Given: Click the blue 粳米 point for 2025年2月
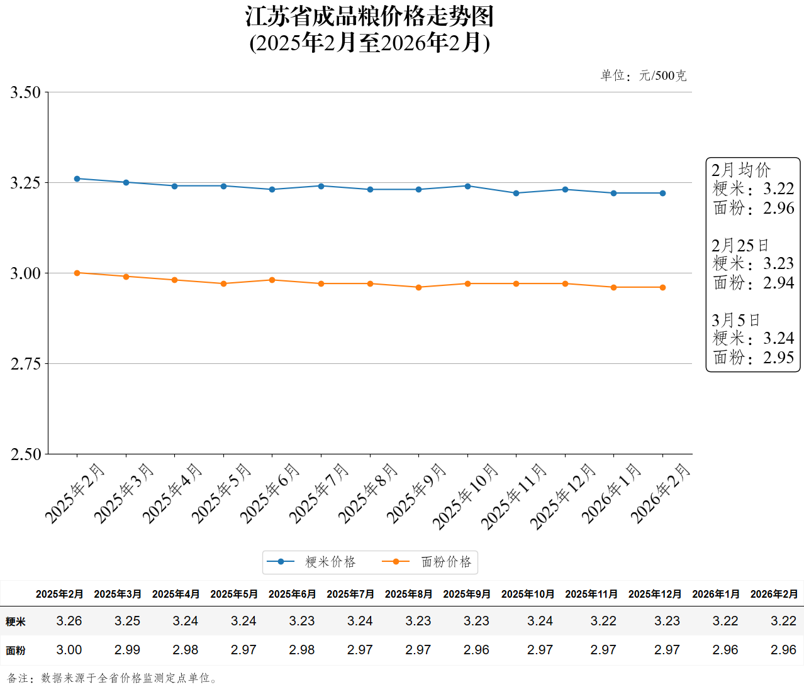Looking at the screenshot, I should click(77, 178).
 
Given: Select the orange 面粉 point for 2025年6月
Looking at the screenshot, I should click(272, 280).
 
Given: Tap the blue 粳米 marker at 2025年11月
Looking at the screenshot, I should click(516, 193).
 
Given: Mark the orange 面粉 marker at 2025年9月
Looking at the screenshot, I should click(419, 287).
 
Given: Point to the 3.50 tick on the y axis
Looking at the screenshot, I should click(25, 92).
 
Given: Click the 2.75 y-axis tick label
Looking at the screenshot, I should click(25, 364).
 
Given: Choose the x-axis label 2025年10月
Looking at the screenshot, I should click(466, 497).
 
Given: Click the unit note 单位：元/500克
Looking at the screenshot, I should click(643, 76).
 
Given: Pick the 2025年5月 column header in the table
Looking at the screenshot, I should click(234, 594).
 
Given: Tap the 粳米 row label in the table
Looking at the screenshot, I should click(16, 622).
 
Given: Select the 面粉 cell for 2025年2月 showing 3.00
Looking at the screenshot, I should click(69, 650).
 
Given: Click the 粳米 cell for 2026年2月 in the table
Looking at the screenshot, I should click(783, 621).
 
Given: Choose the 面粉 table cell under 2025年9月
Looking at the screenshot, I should click(476, 650).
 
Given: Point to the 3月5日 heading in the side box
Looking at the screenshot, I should click(735, 321).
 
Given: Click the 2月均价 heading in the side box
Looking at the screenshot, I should click(740, 170).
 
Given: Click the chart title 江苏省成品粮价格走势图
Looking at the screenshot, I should click(369, 17).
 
